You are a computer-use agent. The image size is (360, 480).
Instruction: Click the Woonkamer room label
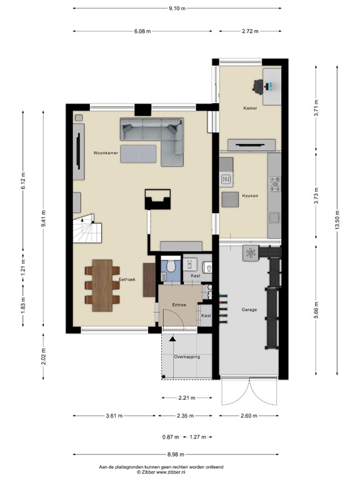click(106, 152)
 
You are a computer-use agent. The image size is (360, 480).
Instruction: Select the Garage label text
click(249, 309)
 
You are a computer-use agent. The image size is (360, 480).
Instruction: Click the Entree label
click(179, 304)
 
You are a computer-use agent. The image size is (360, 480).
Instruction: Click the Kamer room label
click(250, 108)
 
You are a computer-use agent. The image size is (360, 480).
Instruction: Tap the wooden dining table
click(102, 285)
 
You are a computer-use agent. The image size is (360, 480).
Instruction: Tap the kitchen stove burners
click(274, 183)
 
